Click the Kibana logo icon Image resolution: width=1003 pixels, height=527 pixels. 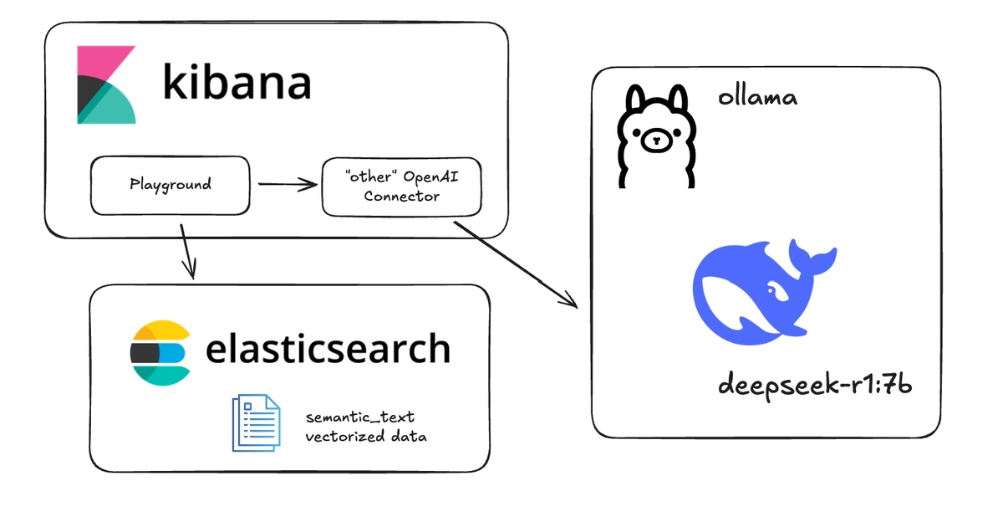click(x=107, y=84)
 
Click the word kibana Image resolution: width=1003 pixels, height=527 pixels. click(x=237, y=82)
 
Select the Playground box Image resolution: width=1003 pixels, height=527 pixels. click(x=171, y=186)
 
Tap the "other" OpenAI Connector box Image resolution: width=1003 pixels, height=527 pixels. click(x=402, y=187)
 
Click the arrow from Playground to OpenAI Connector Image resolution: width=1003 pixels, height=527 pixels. click(x=288, y=184)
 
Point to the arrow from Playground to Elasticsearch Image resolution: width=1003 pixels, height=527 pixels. click(x=188, y=252)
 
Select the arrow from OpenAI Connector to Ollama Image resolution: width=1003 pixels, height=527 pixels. click(x=516, y=265)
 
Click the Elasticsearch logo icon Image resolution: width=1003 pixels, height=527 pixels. click(x=160, y=353)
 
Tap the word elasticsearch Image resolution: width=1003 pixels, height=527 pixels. click(x=328, y=349)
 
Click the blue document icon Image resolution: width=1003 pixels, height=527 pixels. click(x=256, y=423)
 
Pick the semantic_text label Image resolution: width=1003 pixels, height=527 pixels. click(x=360, y=417)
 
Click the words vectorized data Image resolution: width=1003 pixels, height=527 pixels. click(x=366, y=436)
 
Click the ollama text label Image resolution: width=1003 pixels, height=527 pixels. click(x=757, y=97)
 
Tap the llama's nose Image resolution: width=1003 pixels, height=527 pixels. click(x=656, y=141)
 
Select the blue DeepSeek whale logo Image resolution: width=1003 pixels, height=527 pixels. click(x=765, y=292)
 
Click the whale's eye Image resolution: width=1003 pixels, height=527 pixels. click(x=771, y=290)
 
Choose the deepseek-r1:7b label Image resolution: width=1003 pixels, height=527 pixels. click(x=815, y=386)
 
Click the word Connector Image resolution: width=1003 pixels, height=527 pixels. click(x=402, y=197)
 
